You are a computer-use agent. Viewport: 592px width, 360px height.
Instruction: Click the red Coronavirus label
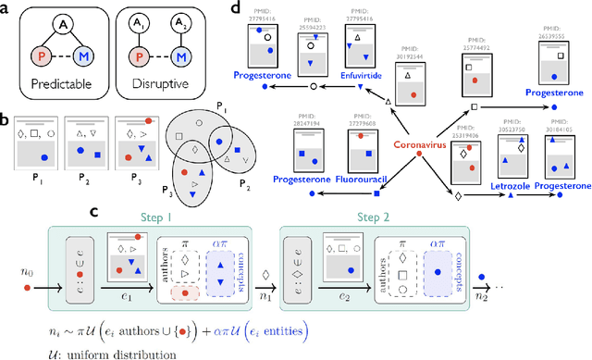click(420, 143)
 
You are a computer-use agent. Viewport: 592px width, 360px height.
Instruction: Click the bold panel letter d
click(236, 8)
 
